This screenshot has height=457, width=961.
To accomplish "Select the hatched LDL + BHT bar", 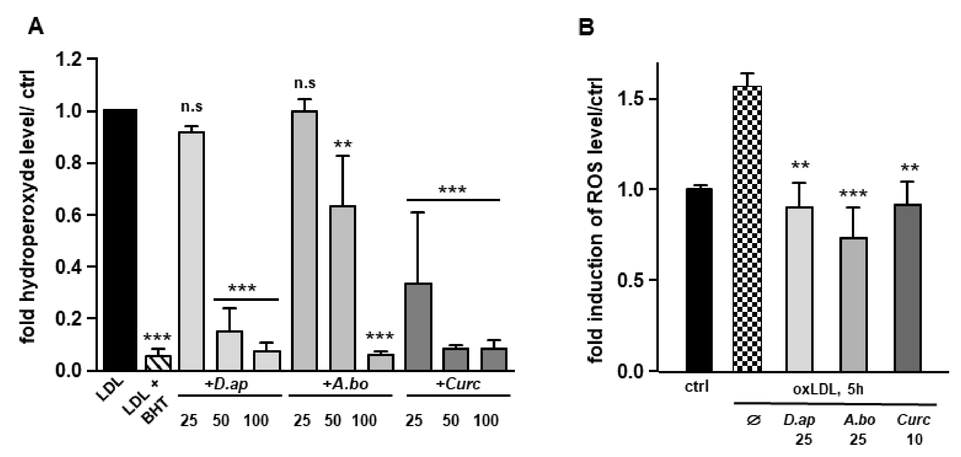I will click(158, 363).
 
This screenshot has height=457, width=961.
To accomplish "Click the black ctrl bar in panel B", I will click(699, 280).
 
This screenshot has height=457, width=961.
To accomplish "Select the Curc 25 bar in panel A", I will click(419, 327).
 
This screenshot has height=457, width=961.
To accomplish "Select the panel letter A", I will click(36, 27).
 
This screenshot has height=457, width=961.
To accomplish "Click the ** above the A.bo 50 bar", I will click(343, 144).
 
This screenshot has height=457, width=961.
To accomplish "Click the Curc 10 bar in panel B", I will click(907, 288).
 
